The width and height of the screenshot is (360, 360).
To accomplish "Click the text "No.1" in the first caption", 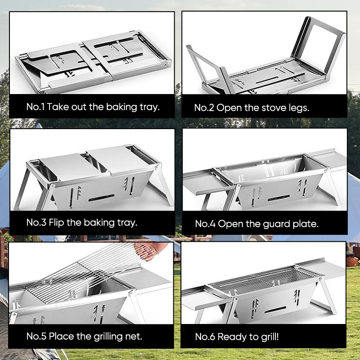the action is [36, 107].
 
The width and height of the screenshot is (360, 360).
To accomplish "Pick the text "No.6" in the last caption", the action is [205, 337].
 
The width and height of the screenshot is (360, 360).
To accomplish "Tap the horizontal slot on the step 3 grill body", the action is [101, 198].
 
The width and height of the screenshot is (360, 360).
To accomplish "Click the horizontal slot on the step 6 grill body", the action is [275, 310].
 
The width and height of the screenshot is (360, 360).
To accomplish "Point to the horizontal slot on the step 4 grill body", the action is [279, 198].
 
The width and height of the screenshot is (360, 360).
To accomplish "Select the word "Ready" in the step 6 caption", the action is [232, 337].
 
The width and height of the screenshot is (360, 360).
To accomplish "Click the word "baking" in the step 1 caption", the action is [121, 107].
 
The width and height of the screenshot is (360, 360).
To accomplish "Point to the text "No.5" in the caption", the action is [36, 337].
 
